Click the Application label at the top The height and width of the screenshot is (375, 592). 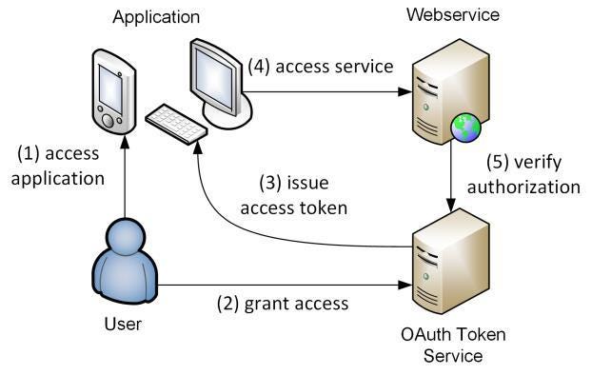[x=157, y=17]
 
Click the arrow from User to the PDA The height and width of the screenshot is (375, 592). [x=124, y=171]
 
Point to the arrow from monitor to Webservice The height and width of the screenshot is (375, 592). [x=324, y=92]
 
